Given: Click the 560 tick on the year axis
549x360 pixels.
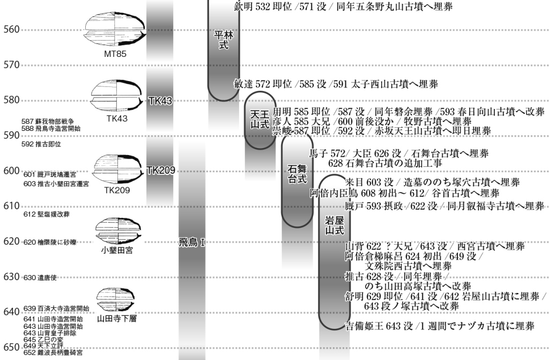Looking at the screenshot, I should coord(11,30).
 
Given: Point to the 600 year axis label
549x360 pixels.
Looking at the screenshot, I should coord(11,171).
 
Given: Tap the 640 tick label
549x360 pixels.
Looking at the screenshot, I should coord(11,312).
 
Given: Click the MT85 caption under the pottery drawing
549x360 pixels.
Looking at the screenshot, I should coord(116,54).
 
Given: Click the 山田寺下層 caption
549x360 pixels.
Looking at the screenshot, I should coord(117,318).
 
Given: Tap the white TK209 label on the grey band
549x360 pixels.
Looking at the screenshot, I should coord(161,171).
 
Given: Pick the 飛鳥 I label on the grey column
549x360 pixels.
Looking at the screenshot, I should coord(191,243).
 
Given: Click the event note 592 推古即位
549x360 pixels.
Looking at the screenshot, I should coord(41,144).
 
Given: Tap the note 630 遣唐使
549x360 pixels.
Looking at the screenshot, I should coord(40,278).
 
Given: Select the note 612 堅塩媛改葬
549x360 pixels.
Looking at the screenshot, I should coord(46,214).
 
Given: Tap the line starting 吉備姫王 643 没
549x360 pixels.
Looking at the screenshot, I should coord(439,326).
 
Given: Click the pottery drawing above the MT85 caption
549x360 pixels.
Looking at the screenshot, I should coord(116,31).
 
